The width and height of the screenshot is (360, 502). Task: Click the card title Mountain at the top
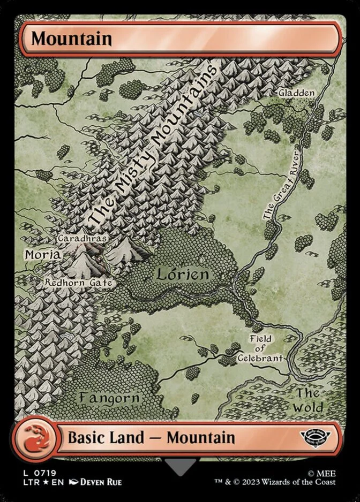click(71, 39)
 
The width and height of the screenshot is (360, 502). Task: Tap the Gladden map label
click(296, 93)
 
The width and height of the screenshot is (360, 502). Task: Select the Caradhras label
click(82, 238)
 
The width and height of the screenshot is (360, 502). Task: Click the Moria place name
click(43, 254)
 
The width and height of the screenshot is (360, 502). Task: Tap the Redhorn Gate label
click(78, 282)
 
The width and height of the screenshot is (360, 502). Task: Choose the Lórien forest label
click(182, 275)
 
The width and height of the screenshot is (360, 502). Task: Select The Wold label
click(309, 400)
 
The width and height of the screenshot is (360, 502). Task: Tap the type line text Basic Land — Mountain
click(151, 437)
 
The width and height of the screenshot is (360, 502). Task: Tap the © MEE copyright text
click(322, 473)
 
